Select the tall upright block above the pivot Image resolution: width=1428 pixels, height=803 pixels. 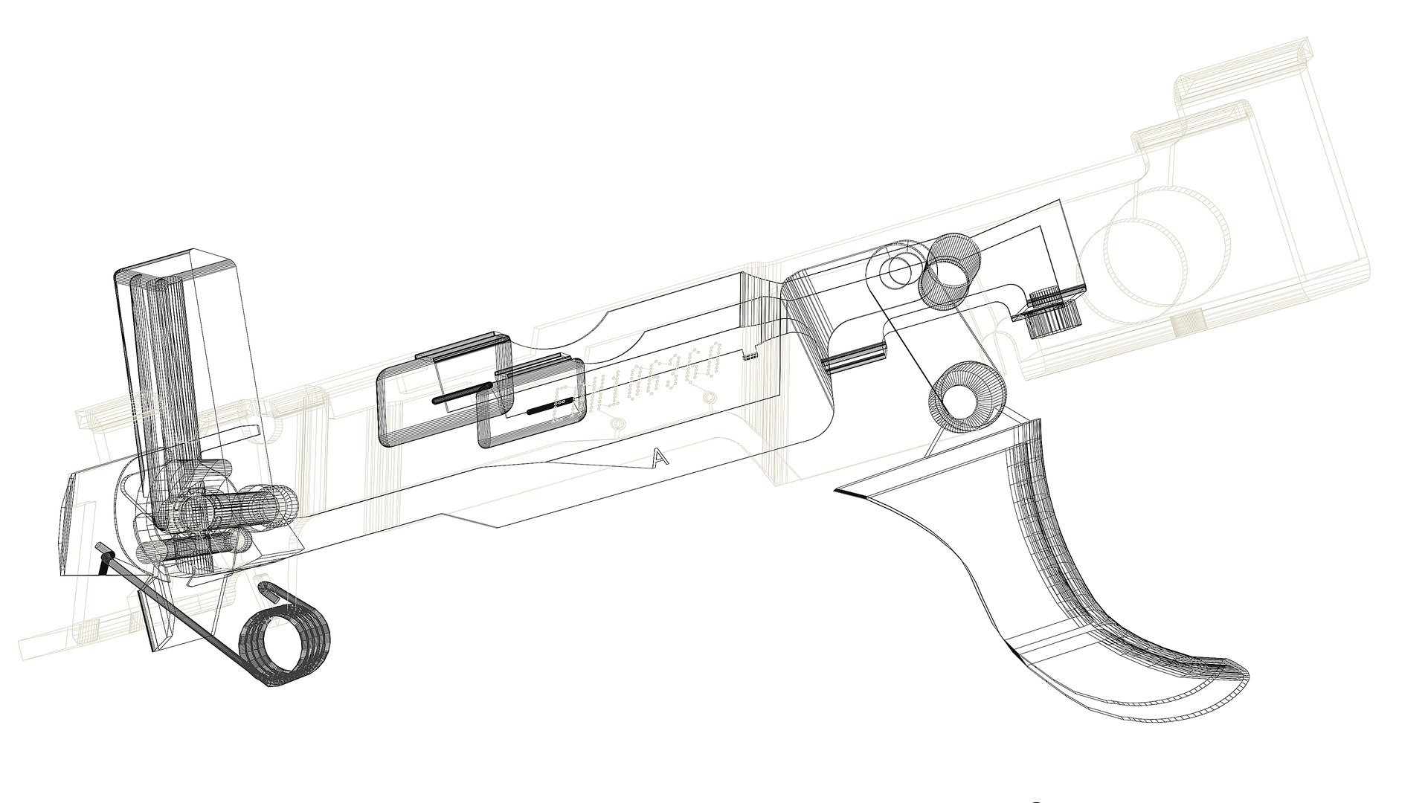[186, 357]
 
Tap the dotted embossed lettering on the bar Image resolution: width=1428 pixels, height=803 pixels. [640, 387]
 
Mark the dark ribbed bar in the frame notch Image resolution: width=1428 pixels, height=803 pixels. [852, 361]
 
